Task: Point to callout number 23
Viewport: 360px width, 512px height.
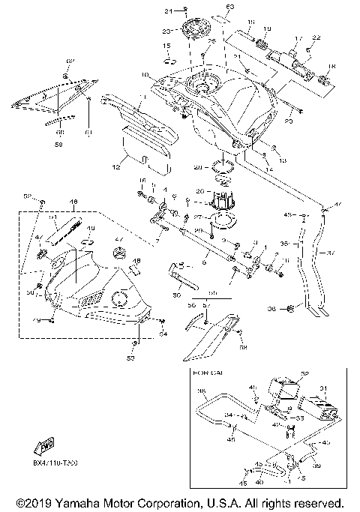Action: coord(167,31)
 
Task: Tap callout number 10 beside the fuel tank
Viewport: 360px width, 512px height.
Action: coord(145,75)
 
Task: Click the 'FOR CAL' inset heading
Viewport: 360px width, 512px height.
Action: coord(206,372)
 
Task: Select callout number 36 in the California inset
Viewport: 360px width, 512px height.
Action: coord(201,391)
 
